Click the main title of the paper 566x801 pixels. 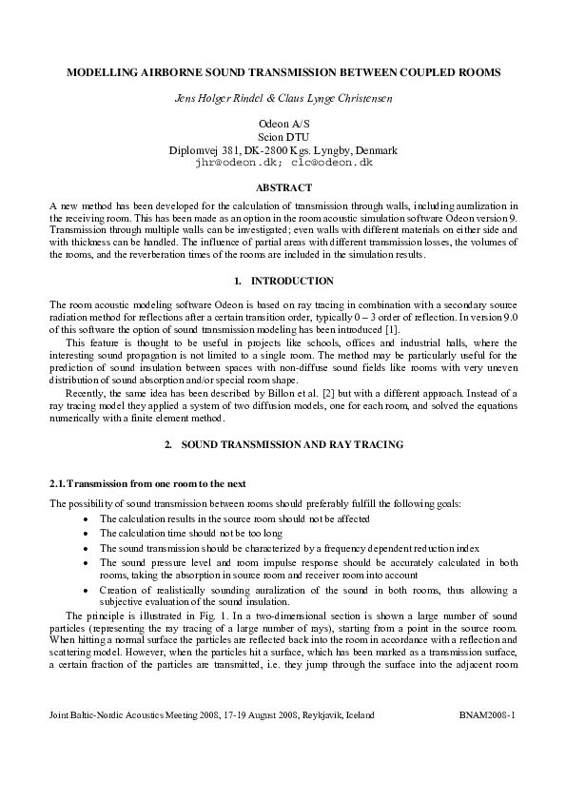[x=283, y=72]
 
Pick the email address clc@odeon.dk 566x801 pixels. [x=333, y=163]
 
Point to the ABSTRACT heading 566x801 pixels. [x=283, y=188]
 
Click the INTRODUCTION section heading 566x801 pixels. [x=292, y=281]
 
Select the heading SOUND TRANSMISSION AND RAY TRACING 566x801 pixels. [x=292, y=444]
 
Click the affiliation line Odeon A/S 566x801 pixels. [x=283, y=125]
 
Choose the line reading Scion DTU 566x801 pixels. [x=283, y=137]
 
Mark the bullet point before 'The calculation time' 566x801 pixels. [x=87, y=534]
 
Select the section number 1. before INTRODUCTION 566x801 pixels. [x=237, y=281]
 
